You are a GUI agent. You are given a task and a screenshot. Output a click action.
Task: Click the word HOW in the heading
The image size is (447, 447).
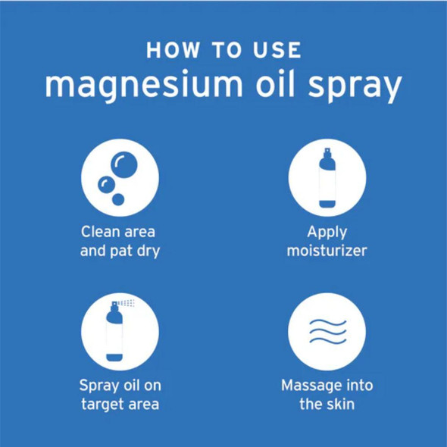[175, 51]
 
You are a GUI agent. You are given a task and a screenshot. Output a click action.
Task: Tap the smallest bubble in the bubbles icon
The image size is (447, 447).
[117, 199]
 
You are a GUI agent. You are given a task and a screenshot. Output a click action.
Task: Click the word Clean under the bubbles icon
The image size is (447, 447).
[102, 231]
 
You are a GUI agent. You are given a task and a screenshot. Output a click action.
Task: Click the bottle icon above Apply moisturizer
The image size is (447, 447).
[327, 177]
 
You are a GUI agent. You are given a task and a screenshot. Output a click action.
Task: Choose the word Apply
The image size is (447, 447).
[327, 232]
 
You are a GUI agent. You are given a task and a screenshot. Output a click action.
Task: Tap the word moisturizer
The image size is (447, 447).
[327, 251]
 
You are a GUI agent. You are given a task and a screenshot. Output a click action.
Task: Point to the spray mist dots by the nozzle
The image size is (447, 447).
[129, 303]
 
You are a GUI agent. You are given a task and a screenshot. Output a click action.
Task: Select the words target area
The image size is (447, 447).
[120, 404]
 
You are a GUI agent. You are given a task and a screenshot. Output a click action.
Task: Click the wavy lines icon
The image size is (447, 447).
[327, 331]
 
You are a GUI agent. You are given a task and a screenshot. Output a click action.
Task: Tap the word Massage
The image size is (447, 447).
[311, 385]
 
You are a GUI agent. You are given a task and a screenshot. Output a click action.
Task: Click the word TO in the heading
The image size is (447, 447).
[225, 51]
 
